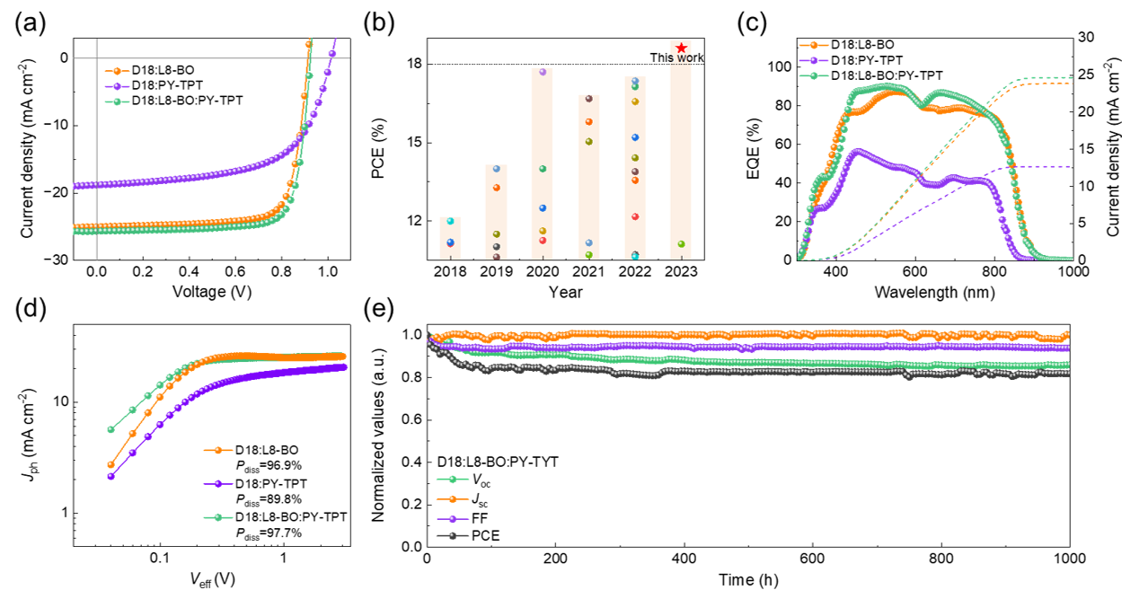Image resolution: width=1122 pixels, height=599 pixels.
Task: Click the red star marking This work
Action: click(682, 48)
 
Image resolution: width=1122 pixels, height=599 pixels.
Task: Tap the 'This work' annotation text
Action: click(676, 58)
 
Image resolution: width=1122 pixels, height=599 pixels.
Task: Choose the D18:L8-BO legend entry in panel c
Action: click(862, 43)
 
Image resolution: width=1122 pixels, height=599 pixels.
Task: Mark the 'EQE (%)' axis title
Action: click(753, 148)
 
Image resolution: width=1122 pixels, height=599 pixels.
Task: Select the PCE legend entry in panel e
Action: click(481, 536)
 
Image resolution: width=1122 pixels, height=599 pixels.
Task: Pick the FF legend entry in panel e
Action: click(475, 518)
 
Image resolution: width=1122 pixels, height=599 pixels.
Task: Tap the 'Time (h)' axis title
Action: click(748, 580)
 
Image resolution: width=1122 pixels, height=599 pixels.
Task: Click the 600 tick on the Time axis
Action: click(813, 559)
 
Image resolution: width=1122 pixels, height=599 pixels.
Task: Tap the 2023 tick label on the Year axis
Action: click(680, 271)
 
